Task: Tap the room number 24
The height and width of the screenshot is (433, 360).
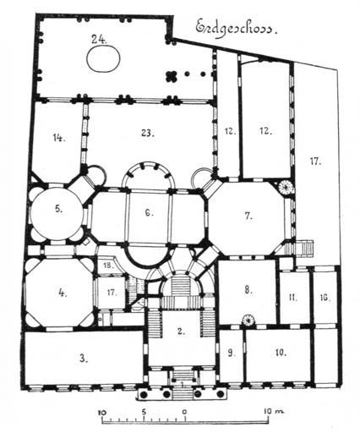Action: [99, 39]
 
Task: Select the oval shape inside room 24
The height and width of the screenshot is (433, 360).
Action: [103, 58]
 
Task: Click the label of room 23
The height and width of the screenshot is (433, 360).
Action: [148, 133]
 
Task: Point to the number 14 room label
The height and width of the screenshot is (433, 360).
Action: [59, 138]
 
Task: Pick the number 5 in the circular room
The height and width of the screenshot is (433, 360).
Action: [58, 210]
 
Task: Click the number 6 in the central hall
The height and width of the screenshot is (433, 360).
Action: [149, 213]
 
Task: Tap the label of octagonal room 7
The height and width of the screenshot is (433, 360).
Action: [248, 216]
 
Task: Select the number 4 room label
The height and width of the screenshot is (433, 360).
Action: [63, 293]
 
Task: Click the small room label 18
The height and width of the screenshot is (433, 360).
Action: [108, 266]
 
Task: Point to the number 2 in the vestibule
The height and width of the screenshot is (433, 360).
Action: [181, 332]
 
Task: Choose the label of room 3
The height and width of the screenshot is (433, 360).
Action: [83, 359]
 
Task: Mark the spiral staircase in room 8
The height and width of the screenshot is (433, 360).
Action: [248, 320]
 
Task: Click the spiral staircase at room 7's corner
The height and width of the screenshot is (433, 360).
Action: [286, 186]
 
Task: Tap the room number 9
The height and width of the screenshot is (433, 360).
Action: [231, 354]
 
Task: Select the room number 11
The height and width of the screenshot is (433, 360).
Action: [293, 298]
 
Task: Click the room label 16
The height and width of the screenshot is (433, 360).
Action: [325, 298]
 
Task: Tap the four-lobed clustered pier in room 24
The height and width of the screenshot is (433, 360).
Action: [171, 76]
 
